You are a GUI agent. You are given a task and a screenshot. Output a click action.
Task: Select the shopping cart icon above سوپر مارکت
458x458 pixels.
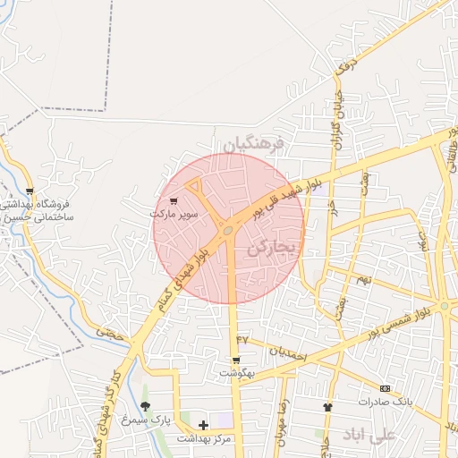(173, 201)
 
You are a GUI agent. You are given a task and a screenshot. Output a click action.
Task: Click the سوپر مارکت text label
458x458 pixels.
(173, 216)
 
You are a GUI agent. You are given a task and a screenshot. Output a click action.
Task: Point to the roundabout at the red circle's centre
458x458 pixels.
(229, 231)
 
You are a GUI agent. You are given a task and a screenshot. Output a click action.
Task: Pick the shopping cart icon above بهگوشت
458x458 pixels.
(235, 360)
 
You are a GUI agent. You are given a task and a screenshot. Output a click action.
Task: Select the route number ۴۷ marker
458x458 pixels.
(241, 339)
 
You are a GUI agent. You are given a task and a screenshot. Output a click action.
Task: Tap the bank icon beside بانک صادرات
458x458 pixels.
(386, 388)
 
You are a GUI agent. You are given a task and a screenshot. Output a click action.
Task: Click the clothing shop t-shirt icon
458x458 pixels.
(327, 407)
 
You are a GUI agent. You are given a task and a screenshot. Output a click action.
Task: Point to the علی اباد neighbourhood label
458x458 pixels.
(367, 436)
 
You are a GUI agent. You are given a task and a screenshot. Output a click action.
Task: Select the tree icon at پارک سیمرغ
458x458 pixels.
(145, 407)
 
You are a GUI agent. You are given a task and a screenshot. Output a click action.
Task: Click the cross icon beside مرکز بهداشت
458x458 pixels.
(203, 425)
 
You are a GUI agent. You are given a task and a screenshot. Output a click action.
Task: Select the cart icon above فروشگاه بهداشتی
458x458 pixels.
(30, 191)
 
